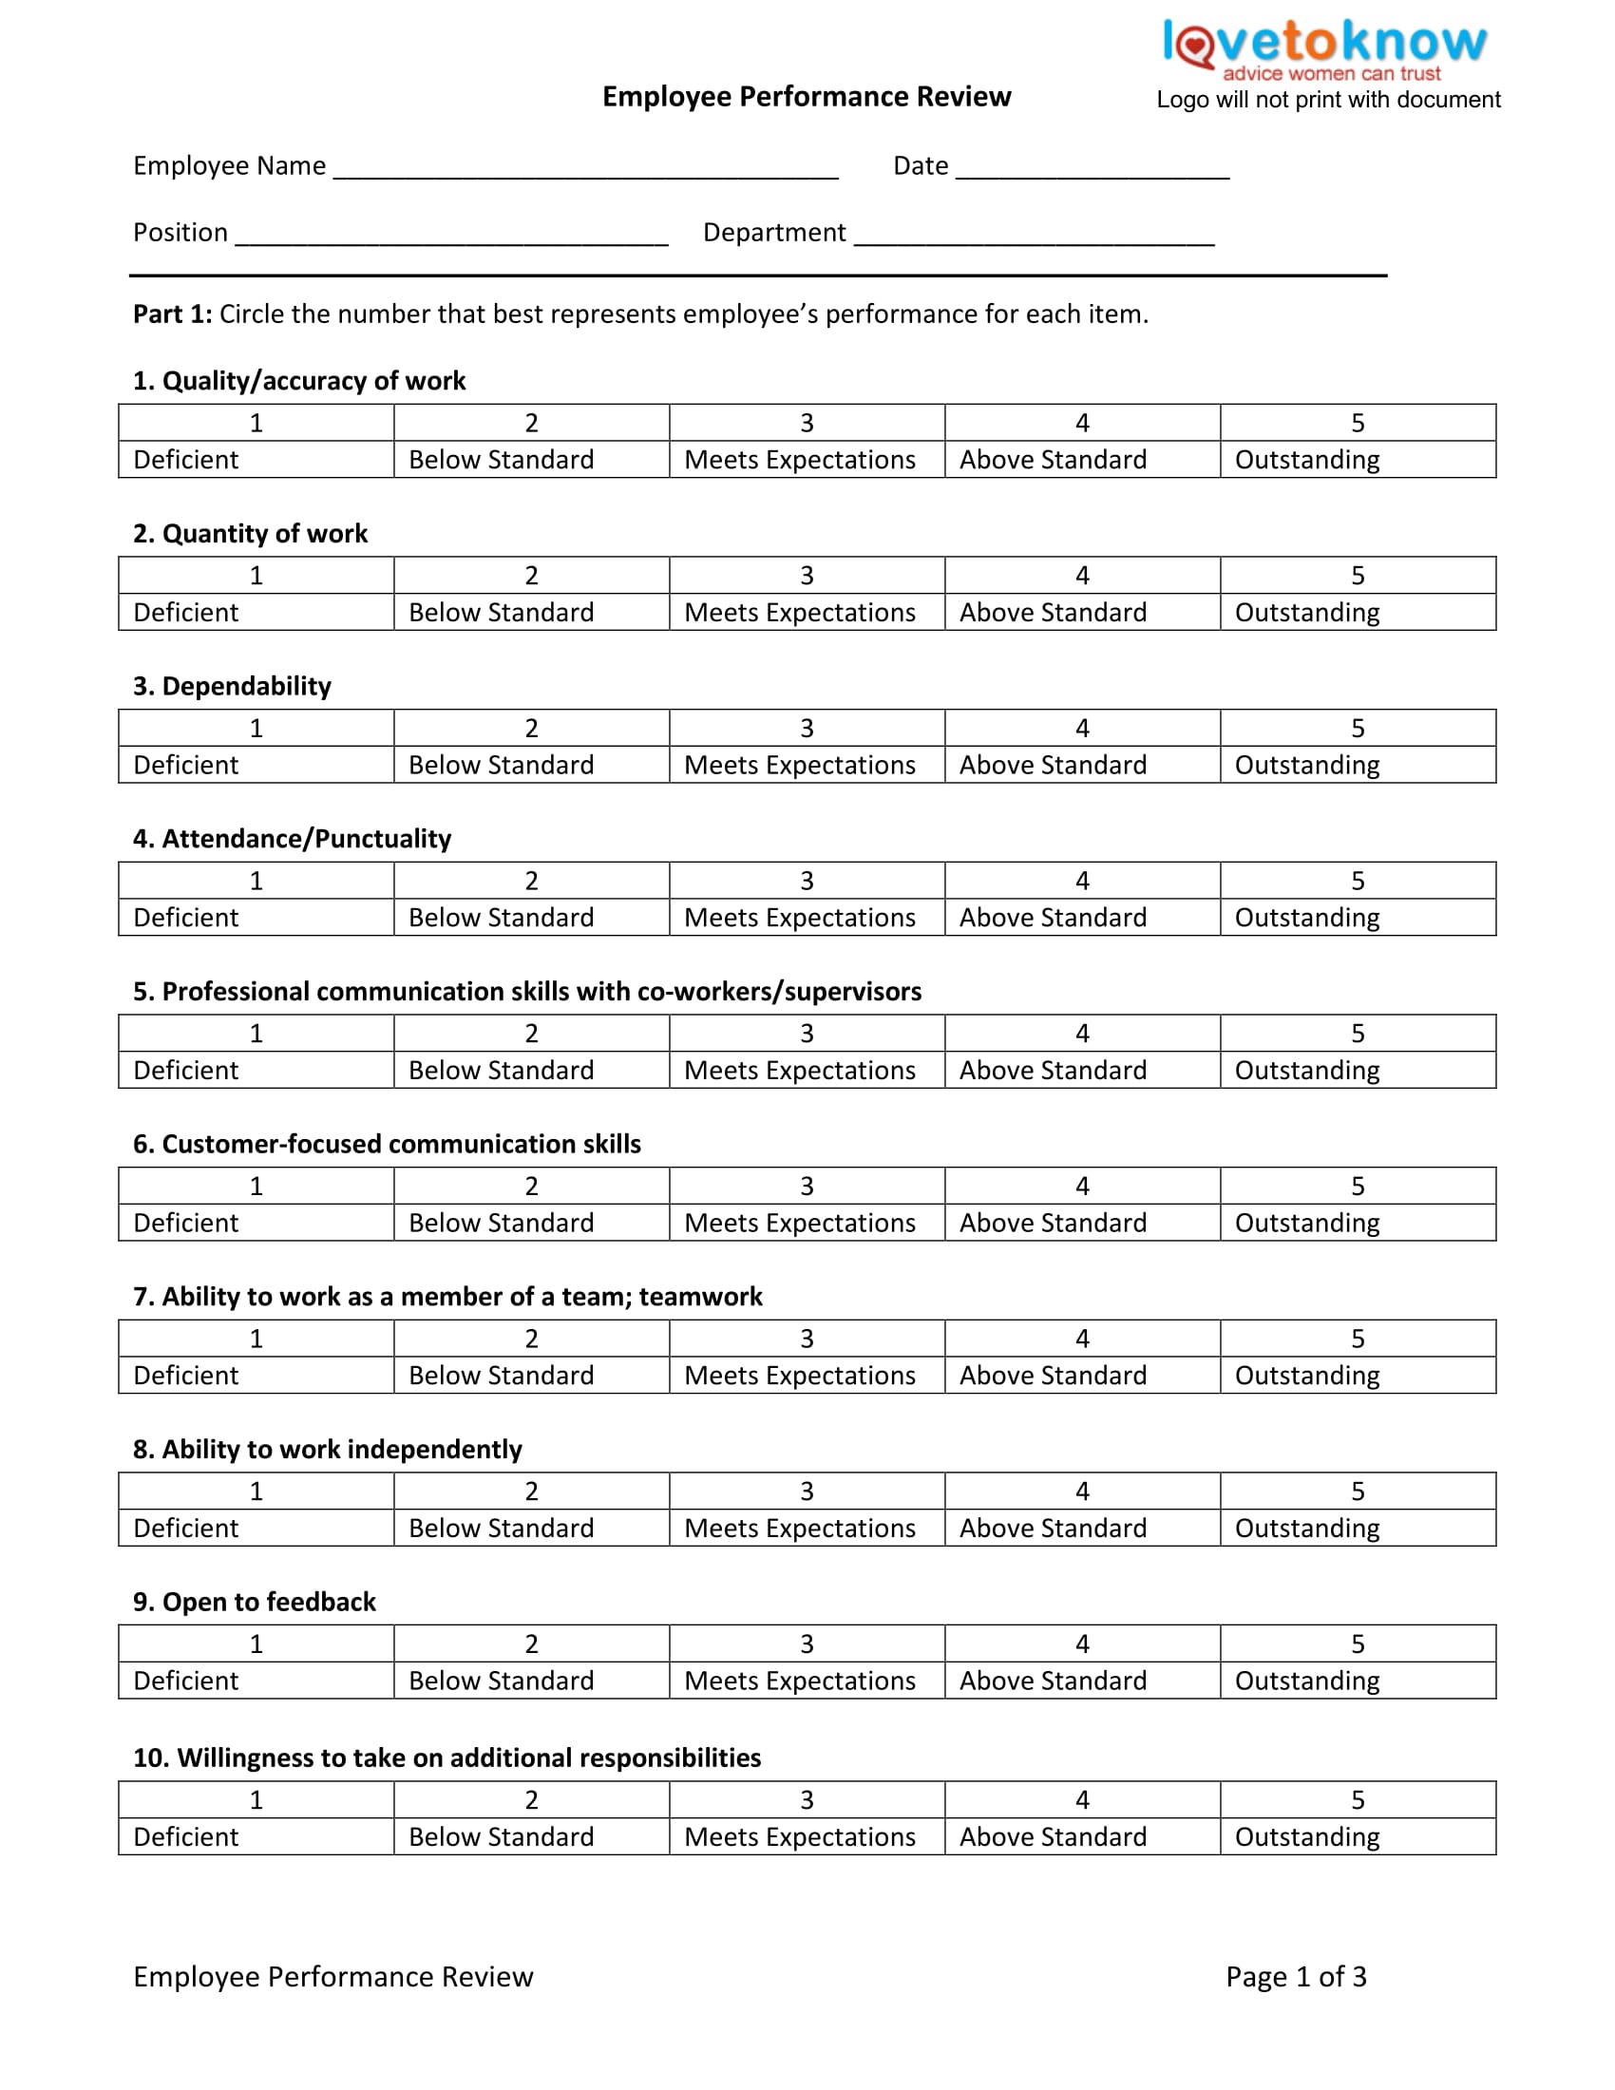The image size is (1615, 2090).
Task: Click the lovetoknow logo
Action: click(1324, 47)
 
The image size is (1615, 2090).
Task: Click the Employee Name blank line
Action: click(585, 170)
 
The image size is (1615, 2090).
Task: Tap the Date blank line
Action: click(1092, 170)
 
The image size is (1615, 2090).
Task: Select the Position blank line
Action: click(451, 237)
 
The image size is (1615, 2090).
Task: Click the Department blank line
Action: click(1034, 237)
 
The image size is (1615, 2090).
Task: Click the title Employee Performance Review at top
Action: click(807, 97)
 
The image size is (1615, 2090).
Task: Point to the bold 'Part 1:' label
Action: click(172, 313)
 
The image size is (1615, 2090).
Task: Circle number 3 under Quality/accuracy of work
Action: click(807, 423)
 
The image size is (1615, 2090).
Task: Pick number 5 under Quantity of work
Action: click(1357, 575)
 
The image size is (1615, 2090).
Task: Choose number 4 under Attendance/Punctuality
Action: click(1082, 881)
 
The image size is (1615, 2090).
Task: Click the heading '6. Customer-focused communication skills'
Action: click(387, 1144)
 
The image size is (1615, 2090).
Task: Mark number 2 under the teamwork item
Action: click(531, 1339)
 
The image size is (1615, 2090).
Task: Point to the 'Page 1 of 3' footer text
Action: click(1296, 1976)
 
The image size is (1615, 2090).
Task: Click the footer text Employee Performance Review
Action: click(332, 1976)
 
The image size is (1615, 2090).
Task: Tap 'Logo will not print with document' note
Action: click(1328, 100)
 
